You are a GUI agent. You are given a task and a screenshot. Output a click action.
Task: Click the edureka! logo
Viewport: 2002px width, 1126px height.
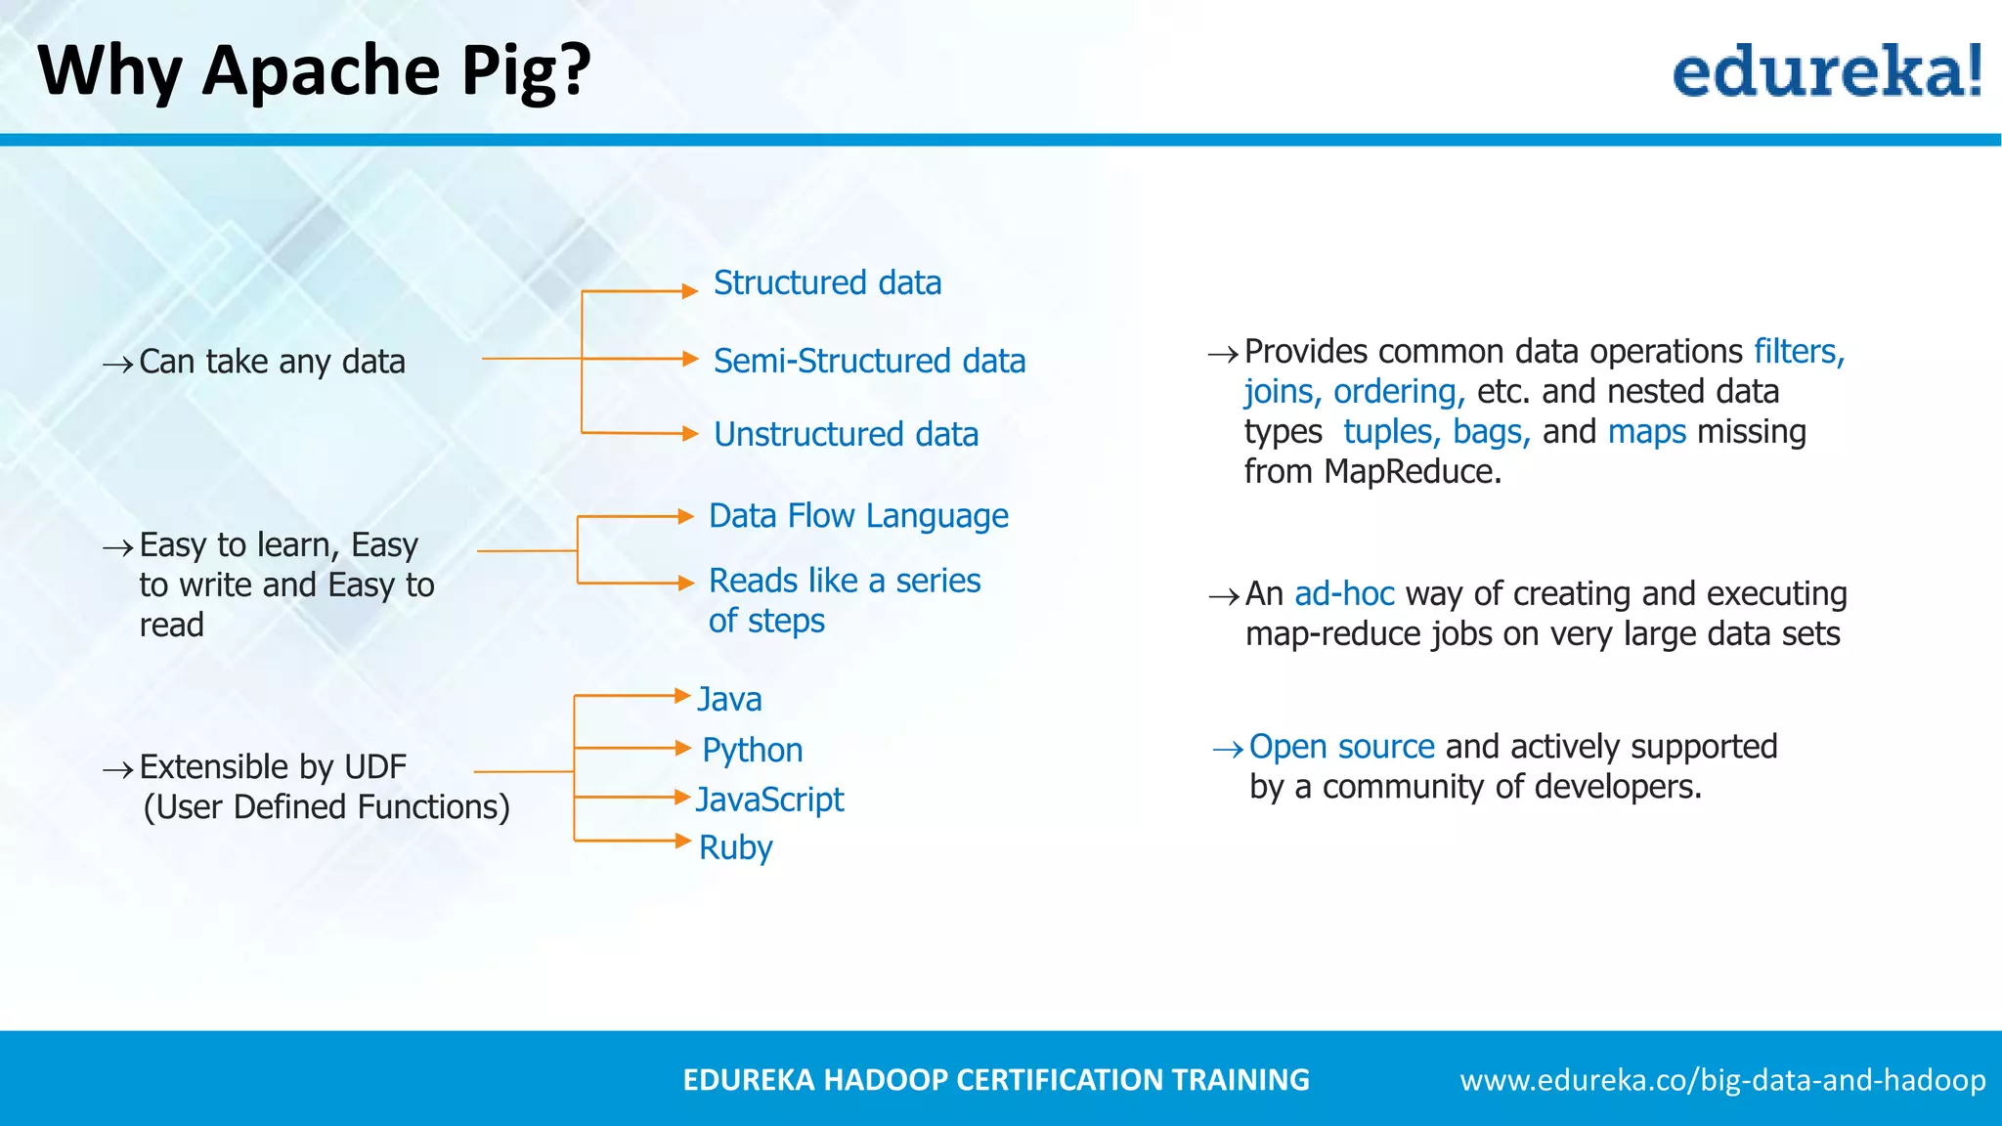1826,71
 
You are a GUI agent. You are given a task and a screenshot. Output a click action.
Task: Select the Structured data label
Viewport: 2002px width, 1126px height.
827,283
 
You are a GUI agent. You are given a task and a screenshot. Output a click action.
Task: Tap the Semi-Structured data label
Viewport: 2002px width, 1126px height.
869,362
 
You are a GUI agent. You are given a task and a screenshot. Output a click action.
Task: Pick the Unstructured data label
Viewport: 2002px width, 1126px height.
846,435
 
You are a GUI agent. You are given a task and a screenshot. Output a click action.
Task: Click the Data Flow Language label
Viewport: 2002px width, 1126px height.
858,516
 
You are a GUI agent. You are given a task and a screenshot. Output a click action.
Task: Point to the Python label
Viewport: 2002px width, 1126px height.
752,751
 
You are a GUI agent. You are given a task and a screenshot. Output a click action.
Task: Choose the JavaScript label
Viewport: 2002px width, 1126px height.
769,800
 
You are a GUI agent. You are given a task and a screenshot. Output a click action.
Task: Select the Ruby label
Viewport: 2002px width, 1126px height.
735,847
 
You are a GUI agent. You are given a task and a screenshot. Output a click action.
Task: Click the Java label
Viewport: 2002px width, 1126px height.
729,700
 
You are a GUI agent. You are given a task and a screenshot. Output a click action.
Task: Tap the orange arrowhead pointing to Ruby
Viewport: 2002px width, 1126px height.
683,841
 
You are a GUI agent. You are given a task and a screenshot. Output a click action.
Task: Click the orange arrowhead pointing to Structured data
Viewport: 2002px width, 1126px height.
690,291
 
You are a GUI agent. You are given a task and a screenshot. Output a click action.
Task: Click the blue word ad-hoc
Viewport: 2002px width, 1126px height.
1343,594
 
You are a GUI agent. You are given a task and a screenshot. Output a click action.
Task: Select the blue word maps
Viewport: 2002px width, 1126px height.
1646,432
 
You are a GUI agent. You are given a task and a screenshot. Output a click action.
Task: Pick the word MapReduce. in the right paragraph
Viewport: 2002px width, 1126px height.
1412,472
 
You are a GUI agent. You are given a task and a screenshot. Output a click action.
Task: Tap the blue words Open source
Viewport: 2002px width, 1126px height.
1341,747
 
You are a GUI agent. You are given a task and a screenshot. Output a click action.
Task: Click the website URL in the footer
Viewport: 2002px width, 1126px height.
1722,1080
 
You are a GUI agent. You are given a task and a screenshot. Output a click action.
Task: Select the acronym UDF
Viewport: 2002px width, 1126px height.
375,767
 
